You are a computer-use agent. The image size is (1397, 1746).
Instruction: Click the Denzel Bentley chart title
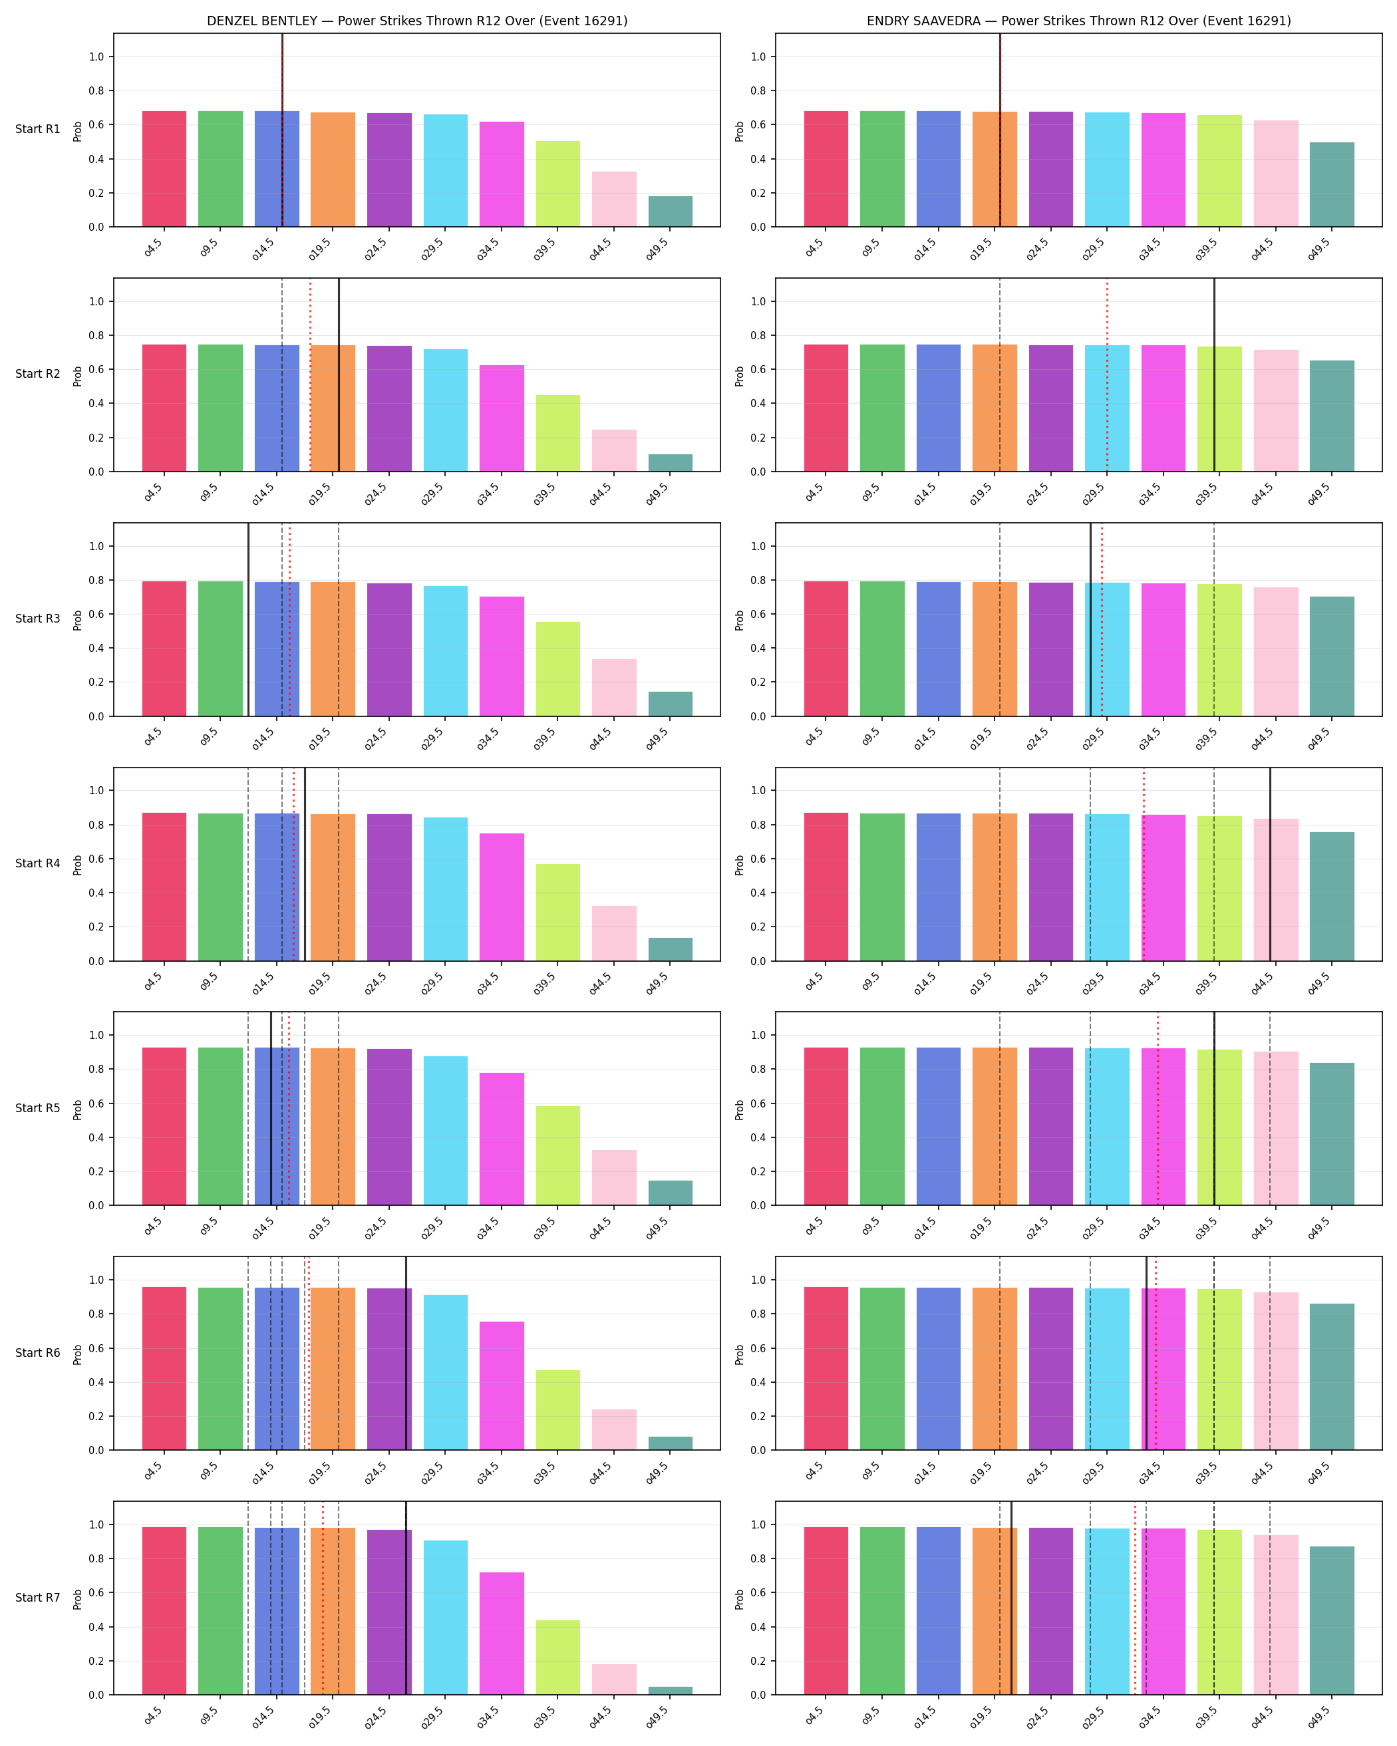coord(417,21)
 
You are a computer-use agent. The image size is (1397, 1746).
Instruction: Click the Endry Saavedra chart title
coord(1079,21)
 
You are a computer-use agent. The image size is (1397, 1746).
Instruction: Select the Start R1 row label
coord(38,130)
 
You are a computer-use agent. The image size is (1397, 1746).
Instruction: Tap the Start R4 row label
coord(38,863)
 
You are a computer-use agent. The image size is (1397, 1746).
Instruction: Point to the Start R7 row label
coord(38,1597)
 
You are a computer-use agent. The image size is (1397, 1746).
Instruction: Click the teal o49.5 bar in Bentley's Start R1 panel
coord(671,212)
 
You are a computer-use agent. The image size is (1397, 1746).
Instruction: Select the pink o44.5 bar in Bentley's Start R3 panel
coord(614,688)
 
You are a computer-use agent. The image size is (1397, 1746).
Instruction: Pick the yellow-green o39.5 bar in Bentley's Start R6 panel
coord(558,1410)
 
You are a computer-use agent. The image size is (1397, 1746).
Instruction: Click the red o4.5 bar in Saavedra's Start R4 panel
coord(826,887)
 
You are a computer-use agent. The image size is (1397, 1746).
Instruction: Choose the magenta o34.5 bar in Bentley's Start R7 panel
coord(502,1634)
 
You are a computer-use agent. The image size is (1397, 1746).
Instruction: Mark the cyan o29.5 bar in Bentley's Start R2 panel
coord(446,410)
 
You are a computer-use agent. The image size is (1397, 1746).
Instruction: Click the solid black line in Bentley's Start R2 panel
coord(339,375)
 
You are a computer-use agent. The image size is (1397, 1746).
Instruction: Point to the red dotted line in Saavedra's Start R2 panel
coord(1107,375)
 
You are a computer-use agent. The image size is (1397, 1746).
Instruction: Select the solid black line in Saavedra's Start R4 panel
coord(1270,864)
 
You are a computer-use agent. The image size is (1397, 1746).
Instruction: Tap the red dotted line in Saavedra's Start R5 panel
coord(1158,1109)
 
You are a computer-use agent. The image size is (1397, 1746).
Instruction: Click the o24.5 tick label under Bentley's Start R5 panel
coord(376,1228)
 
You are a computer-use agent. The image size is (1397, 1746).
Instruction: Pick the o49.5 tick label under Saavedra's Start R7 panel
coord(1319,1717)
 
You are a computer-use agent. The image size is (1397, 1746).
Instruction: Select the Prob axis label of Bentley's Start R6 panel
coord(78,1355)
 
